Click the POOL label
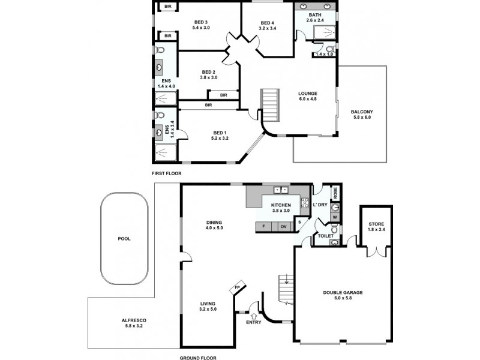[x=124, y=238]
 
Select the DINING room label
[x=214, y=224]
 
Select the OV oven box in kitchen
[x=284, y=227]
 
